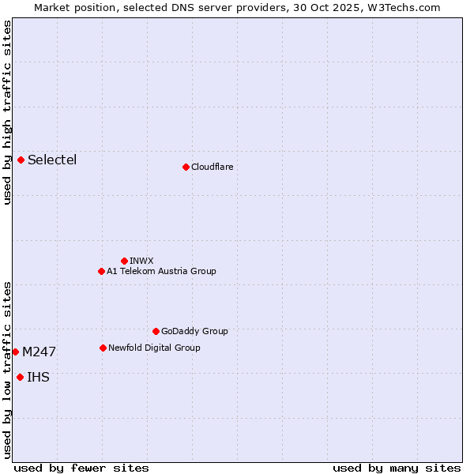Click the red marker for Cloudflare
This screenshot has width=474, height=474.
pyautogui.click(x=186, y=167)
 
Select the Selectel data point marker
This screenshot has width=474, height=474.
pyautogui.click(x=21, y=160)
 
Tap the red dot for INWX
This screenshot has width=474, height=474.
pyautogui.click(x=124, y=261)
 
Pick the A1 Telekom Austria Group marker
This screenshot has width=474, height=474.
pyautogui.click(x=101, y=271)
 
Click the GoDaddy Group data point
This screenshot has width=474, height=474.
pyautogui.click(x=156, y=331)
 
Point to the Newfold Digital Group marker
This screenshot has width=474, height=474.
pyautogui.click(x=103, y=348)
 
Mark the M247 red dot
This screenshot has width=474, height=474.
pyautogui.click(x=15, y=352)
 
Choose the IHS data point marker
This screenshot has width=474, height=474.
pyautogui.click(x=20, y=377)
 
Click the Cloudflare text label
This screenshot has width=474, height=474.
pyautogui.click(x=212, y=167)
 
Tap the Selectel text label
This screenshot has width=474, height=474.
pyautogui.click(x=52, y=160)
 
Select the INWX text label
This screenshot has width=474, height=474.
pyautogui.click(x=141, y=261)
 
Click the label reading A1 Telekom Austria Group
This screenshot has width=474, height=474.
pyautogui.click(x=161, y=271)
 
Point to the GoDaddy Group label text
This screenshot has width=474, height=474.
pyautogui.click(x=194, y=331)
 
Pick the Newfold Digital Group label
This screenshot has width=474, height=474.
pyautogui.click(x=154, y=348)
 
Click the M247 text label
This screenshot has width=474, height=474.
pyautogui.click(x=39, y=352)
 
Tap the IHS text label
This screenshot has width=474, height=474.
pyautogui.click(x=38, y=377)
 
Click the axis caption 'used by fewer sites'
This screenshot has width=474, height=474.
pyautogui.click(x=81, y=468)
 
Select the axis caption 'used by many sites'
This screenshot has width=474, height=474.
pyautogui.click(x=397, y=468)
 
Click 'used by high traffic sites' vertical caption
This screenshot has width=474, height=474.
pyautogui.click(x=7, y=112)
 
